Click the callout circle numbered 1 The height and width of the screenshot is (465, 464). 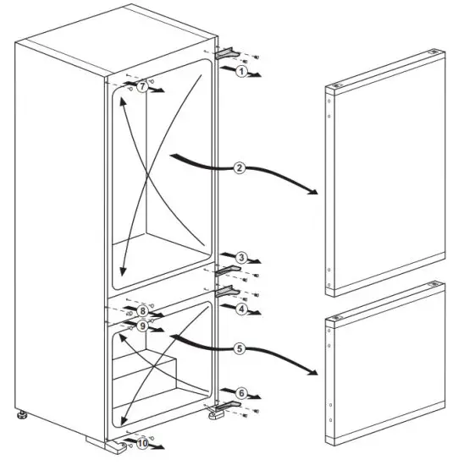(241, 73)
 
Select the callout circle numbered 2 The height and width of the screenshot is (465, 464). (240, 167)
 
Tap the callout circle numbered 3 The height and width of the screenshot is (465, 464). (241, 257)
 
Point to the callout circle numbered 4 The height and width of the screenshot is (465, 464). (241, 309)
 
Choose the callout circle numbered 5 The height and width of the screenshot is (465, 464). (240, 347)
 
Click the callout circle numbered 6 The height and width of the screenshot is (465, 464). (241, 393)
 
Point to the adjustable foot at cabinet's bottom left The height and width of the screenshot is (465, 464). (20, 416)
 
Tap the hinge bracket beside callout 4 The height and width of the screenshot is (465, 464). (226, 291)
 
